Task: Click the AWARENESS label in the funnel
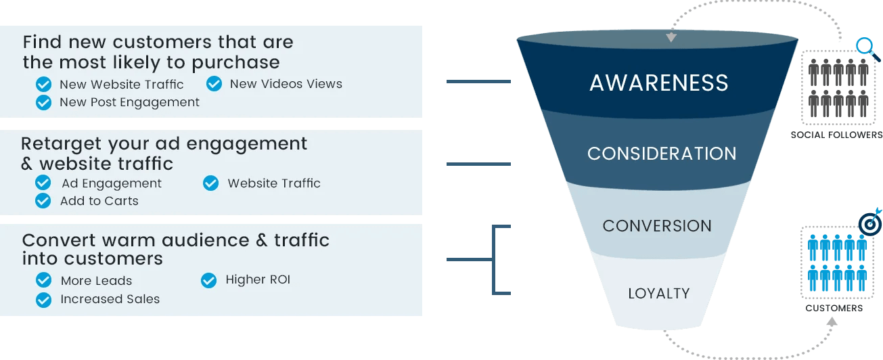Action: click(659, 83)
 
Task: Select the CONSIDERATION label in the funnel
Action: click(662, 154)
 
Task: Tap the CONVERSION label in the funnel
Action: click(657, 225)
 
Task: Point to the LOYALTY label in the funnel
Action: click(659, 294)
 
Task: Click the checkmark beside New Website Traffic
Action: click(44, 85)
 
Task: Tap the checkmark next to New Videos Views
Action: click(214, 84)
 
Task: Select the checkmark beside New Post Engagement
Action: click(44, 102)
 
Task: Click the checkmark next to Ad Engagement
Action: click(43, 183)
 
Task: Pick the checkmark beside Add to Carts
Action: click(43, 201)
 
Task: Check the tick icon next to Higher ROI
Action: click(209, 279)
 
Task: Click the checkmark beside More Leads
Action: click(44, 281)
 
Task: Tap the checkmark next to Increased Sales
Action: click(44, 299)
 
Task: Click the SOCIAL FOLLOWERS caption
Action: click(836, 135)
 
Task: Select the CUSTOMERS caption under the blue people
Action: click(834, 309)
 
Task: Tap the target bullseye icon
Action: click(869, 224)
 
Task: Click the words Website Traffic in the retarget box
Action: click(274, 183)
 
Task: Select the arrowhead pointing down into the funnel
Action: click(671, 37)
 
